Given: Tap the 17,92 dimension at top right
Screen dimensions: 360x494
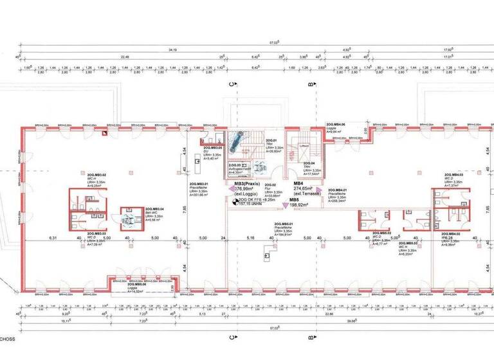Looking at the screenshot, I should [x=445, y=49].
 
